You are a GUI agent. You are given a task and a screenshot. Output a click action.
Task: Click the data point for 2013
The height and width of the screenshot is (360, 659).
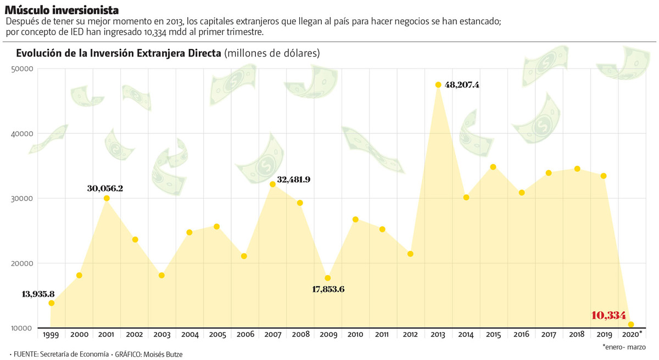pos(438,85)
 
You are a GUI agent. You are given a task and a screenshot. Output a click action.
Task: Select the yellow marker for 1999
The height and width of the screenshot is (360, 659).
pos(52,303)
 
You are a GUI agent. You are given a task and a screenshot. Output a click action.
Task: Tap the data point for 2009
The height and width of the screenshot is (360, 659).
pos(328,278)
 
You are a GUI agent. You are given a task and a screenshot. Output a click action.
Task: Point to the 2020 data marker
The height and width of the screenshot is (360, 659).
pos(631,324)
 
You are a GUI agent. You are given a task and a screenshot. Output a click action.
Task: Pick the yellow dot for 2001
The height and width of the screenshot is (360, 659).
pos(107,198)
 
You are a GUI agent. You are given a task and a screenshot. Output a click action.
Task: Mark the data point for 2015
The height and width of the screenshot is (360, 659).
pos(493,167)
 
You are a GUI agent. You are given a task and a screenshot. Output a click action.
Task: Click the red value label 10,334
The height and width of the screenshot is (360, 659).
pos(608,316)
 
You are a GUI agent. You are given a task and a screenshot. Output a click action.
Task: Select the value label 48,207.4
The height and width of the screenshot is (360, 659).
pos(462,85)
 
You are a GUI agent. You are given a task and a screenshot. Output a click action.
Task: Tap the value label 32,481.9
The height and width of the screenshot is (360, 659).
pos(294,179)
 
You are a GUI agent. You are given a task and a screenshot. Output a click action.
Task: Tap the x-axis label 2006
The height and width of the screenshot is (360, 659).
pos(244,334)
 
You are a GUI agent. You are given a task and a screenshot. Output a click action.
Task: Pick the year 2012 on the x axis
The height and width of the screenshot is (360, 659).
pos(410,334)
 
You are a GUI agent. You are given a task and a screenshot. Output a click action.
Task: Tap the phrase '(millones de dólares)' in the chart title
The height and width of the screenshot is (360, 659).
pos(271,53)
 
